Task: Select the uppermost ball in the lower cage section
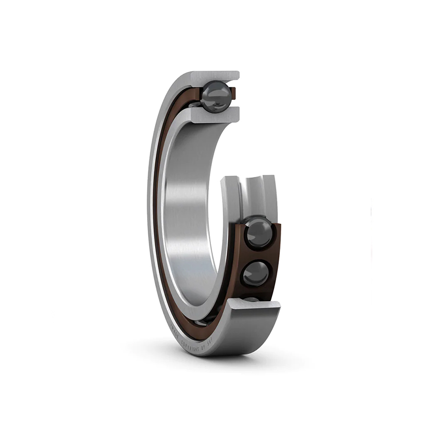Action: [259, 233]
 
